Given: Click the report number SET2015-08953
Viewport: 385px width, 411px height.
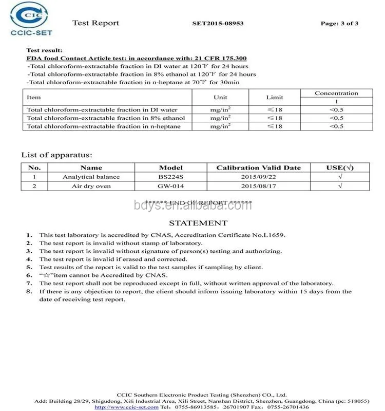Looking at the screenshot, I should pyautogui.click(x=218, y=23).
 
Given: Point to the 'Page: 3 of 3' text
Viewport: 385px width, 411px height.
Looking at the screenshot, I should pyautogui.click(x=339, y=23).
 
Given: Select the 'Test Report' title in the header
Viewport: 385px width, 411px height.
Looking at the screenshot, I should pyautogui.click(x=95, y=23).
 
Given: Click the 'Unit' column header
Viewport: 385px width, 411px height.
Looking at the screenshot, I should pyautogui.click(x=220, y=97).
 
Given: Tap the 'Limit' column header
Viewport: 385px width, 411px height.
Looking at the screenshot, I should pyautogui.click(x=275, y=97).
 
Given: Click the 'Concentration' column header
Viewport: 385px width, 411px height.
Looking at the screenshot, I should pyautogui.click(x=336, y=93).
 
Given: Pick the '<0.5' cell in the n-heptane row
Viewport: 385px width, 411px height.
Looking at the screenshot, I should pyautogui.click(x=336, y=126).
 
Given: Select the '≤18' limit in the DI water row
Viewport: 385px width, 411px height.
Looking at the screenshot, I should pyautogui.click(x=275, y=109).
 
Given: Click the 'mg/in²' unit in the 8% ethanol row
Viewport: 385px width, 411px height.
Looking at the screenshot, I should pyautogui.click(x=220, y=118).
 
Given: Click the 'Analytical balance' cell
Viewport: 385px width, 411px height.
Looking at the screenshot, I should pyautogui.click(x=91, y=177).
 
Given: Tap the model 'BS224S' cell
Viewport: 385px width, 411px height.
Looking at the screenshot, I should pyautogui.click(x=171, y=177).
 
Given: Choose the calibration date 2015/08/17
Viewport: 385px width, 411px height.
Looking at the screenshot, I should pyautogui.click(x=258, y=186).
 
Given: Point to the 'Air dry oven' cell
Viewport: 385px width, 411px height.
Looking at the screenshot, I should pyautogui.click(x=91, y=186).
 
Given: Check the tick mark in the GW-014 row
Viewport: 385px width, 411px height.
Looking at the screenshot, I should pyautogui.click(x=340, y=186).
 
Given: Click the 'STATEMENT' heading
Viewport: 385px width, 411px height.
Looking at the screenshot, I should pyautogui.click(x=198, y=223).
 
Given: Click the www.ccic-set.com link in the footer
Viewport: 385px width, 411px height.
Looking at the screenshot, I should pyautogui.click(x=127, y=407).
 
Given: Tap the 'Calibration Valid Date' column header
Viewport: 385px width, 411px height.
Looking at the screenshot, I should pyautogui.click(x=258, y=167).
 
